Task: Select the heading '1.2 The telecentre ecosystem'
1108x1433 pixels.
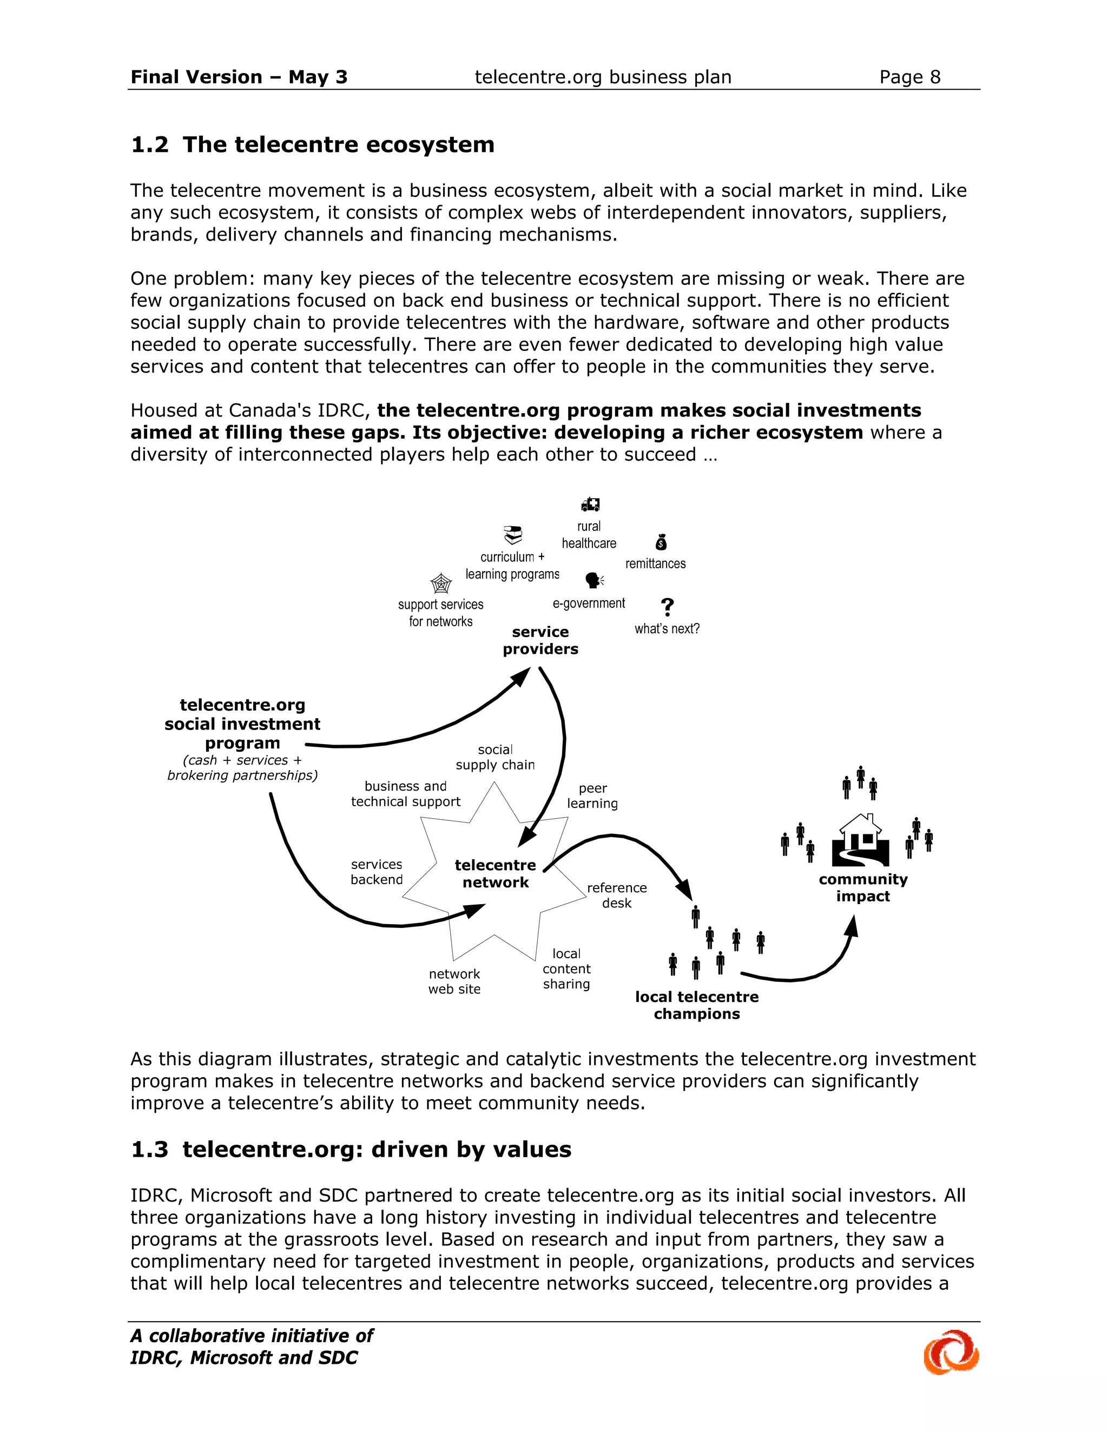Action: tap(313, 144)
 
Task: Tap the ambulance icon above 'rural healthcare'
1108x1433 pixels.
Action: tap(590, 504)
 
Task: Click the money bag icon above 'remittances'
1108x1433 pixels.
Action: tap(661, 542)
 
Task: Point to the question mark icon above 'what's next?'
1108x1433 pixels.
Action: tap(667, 606)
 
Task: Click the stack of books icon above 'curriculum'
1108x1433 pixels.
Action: tap(513, 535)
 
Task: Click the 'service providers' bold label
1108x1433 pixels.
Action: tap(540, 640)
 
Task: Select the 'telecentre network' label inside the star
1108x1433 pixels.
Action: tap(495, 873)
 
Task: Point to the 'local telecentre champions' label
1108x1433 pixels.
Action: tap(696, 1005)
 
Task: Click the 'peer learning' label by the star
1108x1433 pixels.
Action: tap(592, 795)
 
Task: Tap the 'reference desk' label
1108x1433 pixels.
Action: tap(616, 895)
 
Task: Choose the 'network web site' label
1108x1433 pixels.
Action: tap(454, 981)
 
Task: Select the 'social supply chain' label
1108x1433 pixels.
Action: tap(495, 757)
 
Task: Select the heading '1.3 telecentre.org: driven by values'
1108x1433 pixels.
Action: tap(351, 1149)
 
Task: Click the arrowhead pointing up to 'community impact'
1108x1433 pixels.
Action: tap(852, 926)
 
